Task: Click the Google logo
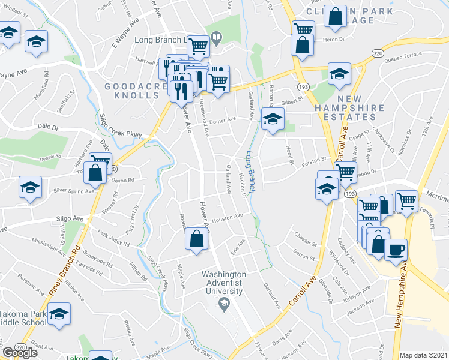click(x=19, y=353)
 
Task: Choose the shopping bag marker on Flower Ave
click(x=196, y=239)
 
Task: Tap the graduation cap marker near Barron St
click(x=273, y=118)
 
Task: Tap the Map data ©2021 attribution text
click(x=423, y=355)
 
